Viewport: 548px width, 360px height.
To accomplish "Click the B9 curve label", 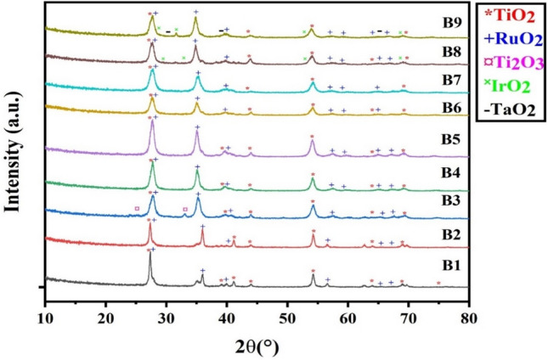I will pos(441,22).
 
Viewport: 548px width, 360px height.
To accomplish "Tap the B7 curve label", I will pos(441,79).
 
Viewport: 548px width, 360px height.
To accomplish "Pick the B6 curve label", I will pos(441,106).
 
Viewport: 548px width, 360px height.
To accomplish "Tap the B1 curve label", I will pos(441,264).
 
